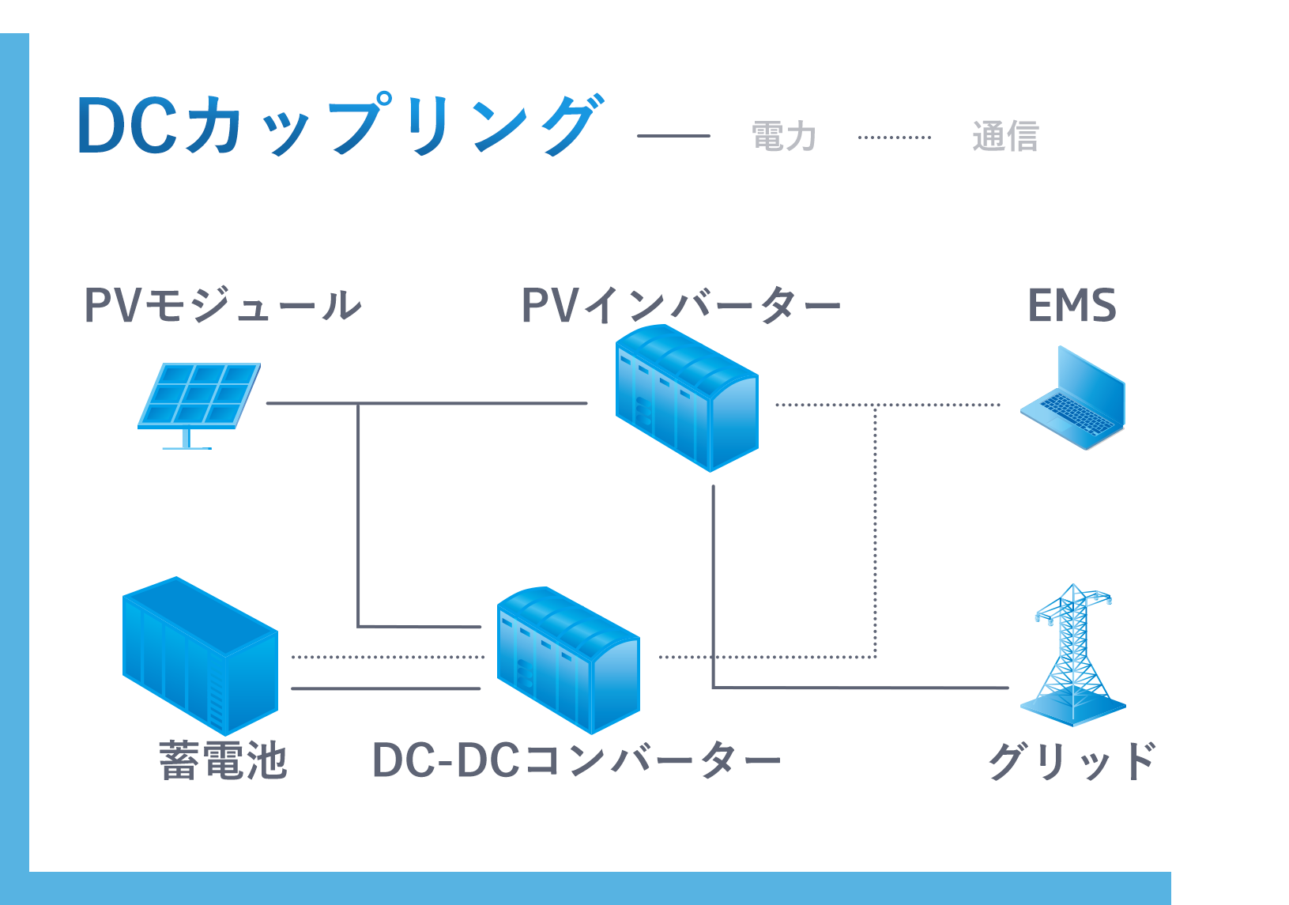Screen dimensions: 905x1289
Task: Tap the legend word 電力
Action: pos(783,136)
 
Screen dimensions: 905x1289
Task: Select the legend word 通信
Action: pos(1004,136)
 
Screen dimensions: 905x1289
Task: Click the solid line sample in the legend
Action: pos(673,136)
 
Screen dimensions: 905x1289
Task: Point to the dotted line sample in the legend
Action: pos(894,137)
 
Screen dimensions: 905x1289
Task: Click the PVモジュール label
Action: pos(222,305)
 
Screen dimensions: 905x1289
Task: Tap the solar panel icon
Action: pos(199,403)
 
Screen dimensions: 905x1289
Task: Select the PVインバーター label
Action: pos(680,305)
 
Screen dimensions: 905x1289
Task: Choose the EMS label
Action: pos(1072,305)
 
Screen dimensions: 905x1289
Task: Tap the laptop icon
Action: pos(1072,399)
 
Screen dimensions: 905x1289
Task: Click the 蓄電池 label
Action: pos(222,760)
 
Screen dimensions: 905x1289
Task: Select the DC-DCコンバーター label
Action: pos(576,760)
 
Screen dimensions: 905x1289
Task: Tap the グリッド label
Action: pos(1072,760)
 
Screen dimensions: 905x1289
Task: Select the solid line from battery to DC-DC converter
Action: pos(386,688)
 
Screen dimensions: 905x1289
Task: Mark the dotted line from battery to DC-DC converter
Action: pos(387,657)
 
